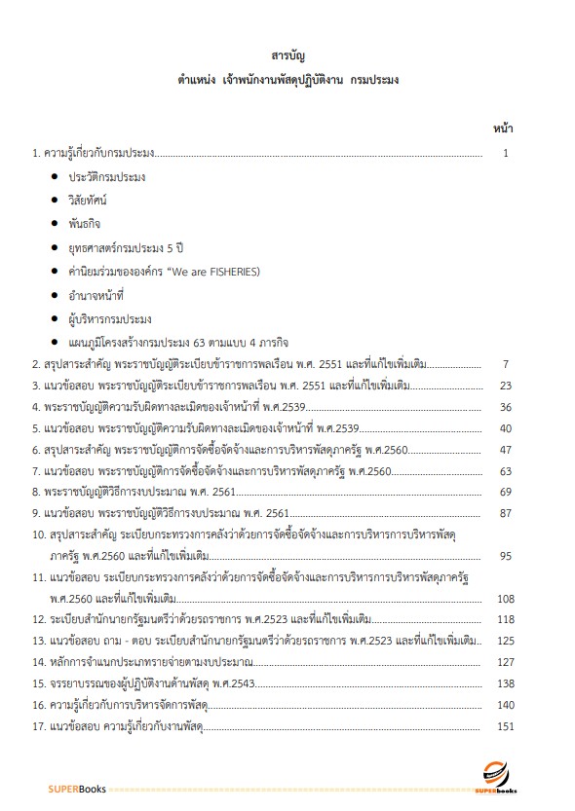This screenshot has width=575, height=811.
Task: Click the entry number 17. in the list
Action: coord(38,725)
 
